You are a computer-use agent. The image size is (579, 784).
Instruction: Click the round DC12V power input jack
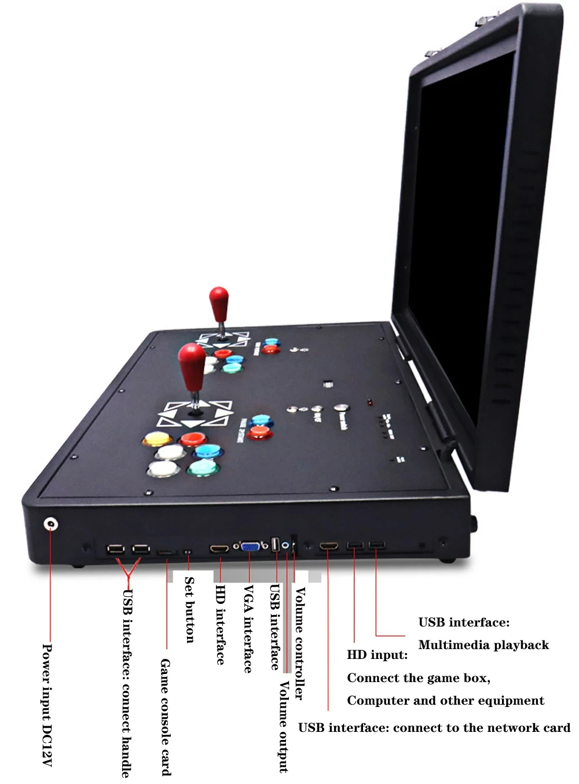(x=51, y=525)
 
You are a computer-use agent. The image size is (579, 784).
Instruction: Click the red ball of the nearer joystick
(x=192, y=361)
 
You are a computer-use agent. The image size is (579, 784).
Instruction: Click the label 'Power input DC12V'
(x=47, y=705)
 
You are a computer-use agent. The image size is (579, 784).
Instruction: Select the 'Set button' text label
(x=189, y=609)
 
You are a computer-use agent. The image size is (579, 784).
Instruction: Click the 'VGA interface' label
(x=248, y=628)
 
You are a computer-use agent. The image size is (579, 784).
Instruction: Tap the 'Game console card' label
(x=166, y=716)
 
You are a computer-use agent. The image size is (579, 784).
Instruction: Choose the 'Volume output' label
(x=284, y=726)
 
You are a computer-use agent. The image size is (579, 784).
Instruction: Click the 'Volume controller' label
(x=299, y=643)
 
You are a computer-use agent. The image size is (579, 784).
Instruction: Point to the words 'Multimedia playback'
(x=483, y=645)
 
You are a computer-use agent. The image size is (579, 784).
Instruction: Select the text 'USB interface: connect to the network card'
(x=434, y=728)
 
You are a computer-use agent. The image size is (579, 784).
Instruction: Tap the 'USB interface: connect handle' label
(x=127, y=683)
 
